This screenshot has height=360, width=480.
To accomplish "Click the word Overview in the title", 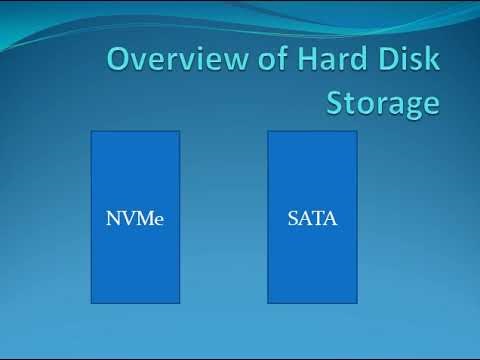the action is click(178, 59).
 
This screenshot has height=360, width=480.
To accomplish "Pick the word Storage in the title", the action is click(383, 103).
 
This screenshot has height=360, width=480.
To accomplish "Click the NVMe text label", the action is click(135, 218).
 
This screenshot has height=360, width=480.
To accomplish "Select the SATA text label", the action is click(312, 218).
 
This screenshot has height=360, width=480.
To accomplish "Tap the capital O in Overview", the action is click(119, 59).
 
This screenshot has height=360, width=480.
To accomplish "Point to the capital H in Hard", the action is click(307, 59).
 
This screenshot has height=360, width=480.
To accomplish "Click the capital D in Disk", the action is click(389, 59).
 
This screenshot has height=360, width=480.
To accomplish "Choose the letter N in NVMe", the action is click(114, 218).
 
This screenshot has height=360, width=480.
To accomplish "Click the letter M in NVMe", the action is click(144, 218).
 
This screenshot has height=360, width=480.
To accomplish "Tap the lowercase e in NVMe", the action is click(159, 221).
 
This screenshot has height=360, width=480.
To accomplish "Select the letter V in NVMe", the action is click(128, 218).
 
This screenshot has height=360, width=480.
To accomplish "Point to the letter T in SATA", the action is click(317, 218).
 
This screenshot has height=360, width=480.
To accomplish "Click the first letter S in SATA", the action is click(292, 218).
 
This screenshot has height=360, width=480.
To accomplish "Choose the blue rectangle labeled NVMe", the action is click(135, 217).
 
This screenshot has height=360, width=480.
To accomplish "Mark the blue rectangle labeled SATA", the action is click(312, 217).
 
